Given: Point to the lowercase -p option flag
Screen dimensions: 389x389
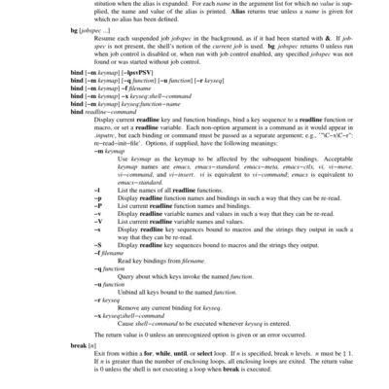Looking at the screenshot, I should point(96,205).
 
